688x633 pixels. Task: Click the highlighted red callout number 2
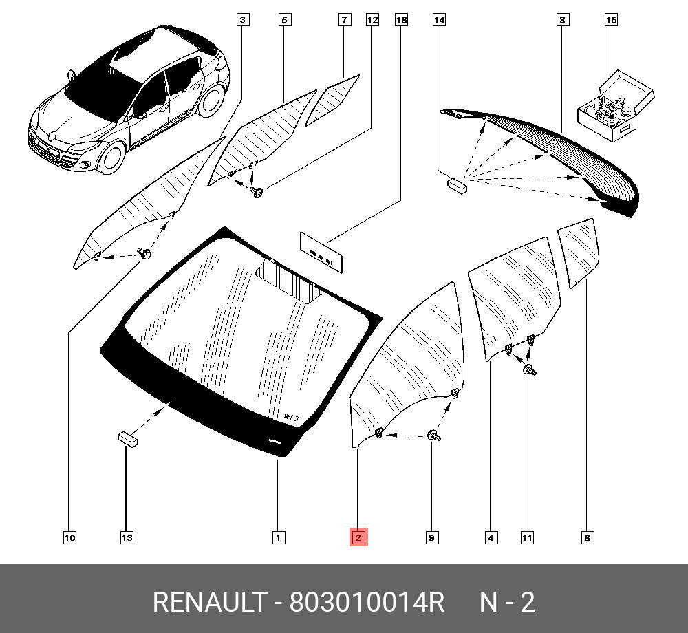tap(358, 537)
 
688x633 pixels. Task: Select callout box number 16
tap(401, 20)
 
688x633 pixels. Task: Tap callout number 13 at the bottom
tap(127, 538)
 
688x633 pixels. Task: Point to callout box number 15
tap(611, 20)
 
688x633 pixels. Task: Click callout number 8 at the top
tap(563, 20)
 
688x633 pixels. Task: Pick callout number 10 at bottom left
tap(69, 538)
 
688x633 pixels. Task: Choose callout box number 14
tap(439, 20)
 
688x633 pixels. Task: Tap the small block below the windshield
tap(127, 439)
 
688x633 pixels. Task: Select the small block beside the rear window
tap(458, 186)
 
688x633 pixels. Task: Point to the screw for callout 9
tap(434, 436)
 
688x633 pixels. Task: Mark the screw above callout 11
tap(530, 369)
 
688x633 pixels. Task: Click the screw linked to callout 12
tap(257, 192)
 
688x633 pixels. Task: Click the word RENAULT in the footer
tap(210, 602)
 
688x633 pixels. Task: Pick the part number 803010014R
tap(367, 602)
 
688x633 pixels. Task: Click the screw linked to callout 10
tap(144, 254)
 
